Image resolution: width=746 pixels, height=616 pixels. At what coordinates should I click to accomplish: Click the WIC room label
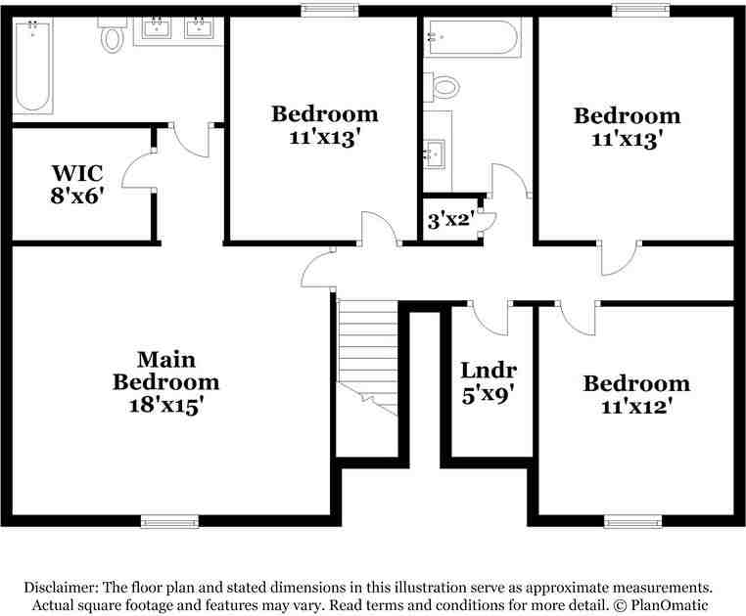pos(77,173)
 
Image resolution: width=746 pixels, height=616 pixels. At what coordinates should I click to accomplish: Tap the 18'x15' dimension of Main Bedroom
pos(165,403)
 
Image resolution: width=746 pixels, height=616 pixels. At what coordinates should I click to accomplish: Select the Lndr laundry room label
pos(489,371)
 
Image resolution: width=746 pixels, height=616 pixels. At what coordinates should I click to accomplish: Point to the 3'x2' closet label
pos(450,221)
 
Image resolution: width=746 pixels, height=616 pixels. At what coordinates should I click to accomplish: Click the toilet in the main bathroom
pos(112,36)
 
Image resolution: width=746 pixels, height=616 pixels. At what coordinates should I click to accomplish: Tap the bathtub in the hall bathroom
pos(470,38)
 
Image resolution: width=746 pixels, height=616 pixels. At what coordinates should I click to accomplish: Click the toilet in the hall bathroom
pos(443,86)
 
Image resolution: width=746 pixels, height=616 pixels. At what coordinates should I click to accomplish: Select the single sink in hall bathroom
pos(436,153)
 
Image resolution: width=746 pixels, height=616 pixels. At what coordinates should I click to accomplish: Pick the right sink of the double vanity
pos(201,27)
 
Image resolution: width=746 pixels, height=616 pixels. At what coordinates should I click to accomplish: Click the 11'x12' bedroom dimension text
pos(636,404)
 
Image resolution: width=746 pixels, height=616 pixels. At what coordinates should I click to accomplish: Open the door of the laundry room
pos(489,318)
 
